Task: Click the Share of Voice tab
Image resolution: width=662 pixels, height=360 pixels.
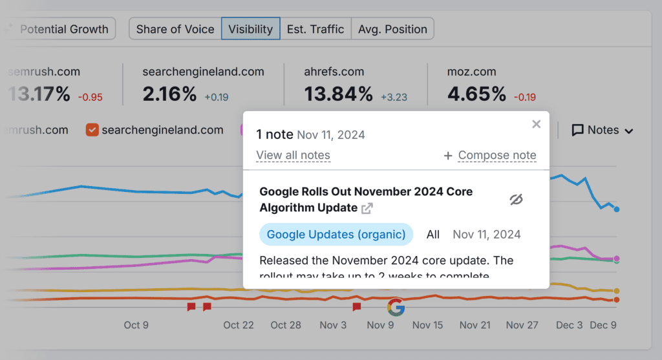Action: click(175, 29)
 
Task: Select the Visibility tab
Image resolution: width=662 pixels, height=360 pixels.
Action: click(251, 29)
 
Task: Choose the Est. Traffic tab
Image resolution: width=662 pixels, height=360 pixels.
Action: click(315, 29)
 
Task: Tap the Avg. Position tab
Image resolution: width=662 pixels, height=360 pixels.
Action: click(392, 29)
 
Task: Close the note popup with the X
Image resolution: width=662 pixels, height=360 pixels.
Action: click(536, 124)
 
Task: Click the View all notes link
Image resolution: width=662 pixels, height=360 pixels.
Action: click(293, 155)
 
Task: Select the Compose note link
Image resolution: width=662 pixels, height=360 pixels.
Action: click(496, 155)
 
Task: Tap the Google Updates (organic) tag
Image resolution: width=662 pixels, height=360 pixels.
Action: click(336, 234)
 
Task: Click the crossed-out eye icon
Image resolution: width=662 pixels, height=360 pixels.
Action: click(515, 200)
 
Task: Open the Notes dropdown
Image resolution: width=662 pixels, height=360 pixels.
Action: click(603, 130)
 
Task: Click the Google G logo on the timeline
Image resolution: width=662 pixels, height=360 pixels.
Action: click(396, 308)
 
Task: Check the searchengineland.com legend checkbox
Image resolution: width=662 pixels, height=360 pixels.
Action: click(92, 130)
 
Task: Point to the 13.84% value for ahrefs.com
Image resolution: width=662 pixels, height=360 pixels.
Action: click(339, 94)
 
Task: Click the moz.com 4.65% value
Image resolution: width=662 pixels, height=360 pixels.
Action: click(476, 94)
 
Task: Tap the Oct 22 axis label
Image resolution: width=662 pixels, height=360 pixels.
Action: click(239, 325)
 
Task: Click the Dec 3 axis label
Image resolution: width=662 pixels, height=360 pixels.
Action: click(570, 325)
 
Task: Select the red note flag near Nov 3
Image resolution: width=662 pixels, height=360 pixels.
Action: click(356, 307)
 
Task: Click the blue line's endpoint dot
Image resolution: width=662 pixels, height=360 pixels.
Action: click(617, 209)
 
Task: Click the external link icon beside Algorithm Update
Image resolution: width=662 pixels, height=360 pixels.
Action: click(367, 208)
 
